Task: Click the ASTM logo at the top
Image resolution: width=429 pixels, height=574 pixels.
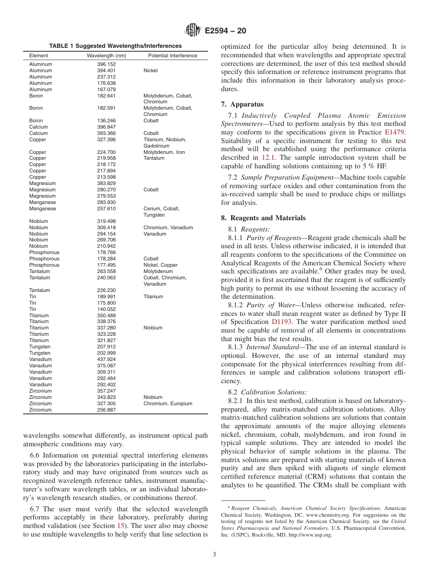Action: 193,31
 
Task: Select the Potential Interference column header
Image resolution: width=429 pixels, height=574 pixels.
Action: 173,56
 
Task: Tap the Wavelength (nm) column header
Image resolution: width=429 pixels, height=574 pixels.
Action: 106,56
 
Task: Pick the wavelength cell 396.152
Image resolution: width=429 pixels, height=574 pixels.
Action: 106,65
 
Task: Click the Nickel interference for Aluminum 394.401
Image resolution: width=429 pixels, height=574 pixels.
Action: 150,71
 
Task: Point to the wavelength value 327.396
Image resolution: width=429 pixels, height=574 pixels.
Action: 106,140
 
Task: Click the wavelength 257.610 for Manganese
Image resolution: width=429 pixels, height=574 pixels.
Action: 106,209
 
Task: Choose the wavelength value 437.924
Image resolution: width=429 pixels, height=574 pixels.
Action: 106,360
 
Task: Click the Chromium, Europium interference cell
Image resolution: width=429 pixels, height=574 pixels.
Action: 168,404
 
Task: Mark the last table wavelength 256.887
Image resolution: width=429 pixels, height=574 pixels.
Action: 106,410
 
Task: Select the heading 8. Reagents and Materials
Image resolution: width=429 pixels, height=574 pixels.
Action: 263,218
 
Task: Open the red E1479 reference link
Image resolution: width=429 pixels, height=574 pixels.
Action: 395,132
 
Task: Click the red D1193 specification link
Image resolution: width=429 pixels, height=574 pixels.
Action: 281,322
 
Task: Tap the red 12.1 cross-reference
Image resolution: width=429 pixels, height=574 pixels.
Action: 267,157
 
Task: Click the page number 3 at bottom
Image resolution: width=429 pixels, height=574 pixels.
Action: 214,555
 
